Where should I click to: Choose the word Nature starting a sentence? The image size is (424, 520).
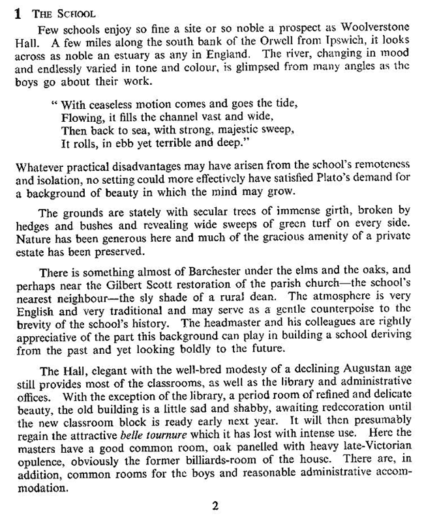coord(35,235)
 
